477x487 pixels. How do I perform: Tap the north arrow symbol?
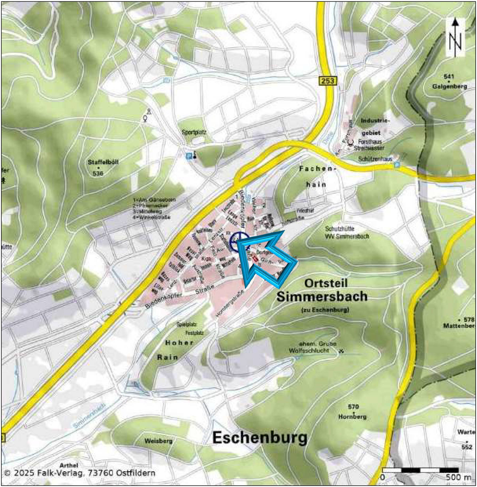pos(455,37)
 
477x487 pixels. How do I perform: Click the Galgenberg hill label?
pos(450,86)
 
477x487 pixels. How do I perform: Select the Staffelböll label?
pos(103,162)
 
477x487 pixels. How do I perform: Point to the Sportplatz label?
pos(194,132)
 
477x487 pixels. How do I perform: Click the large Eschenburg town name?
pos(260,437)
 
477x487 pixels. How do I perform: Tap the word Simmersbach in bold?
pos(322,297)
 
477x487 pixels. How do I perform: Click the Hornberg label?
pos(352,417)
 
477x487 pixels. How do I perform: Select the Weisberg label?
pos(158,441)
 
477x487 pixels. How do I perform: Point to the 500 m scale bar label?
pos(458,477)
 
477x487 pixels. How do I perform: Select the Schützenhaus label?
pos(375,159)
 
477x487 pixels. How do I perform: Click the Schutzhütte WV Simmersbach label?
pos(347,232)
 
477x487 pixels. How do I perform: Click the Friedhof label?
pos(305,211)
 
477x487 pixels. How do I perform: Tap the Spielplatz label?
pos(186,324)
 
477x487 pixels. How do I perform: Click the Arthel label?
pos(69,465)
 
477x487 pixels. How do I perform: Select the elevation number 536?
pos(98,174)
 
